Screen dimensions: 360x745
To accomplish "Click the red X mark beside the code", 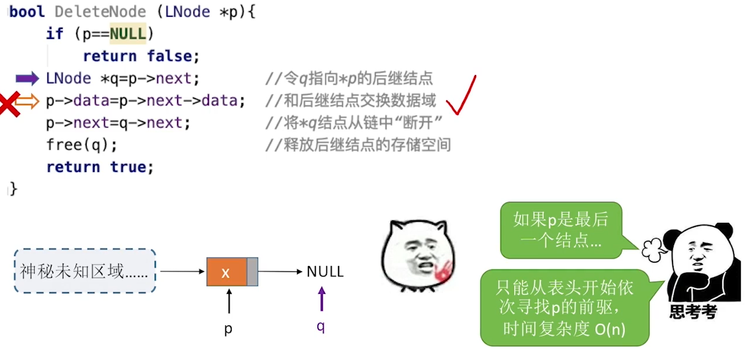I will tap(9, 104).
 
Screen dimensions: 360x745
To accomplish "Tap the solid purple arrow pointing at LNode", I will tap(27, 79).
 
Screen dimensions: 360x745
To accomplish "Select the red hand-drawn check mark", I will tap(461, 96).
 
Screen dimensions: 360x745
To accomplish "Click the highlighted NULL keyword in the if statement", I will tap(128, 34).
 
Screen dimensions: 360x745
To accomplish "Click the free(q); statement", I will tap(81, 145).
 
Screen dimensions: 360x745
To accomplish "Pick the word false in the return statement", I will tap(173, 56).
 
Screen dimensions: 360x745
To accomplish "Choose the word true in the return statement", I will tap(131, 167).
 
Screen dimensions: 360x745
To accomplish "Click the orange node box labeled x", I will tap(226, 272).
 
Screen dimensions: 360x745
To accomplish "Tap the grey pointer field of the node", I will tap(253, 272).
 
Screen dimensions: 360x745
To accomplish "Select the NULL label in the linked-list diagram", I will tap(325, 272).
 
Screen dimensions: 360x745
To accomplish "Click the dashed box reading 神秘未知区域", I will tap(85, 271).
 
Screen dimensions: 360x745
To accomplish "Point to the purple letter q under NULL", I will tap(320, 326).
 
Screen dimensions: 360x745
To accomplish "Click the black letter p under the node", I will tap(229, 329).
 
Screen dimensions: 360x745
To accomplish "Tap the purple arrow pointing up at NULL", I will tap(321, 299).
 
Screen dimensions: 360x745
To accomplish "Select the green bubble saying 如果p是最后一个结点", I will tap(561, 230).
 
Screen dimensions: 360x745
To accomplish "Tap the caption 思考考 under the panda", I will tap(693, 312).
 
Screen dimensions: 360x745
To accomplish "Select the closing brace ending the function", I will tap(13, 189).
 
